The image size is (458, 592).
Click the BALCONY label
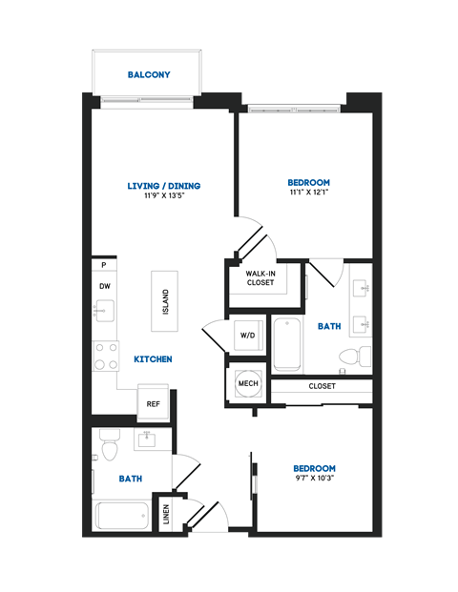[x=149, y=75]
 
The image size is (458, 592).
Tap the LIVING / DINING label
[x=164, y=186]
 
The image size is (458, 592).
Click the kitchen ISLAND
[x=164, y=301]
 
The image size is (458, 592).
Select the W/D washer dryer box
[x=247, y=336]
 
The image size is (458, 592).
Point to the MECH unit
[x=247, y=383]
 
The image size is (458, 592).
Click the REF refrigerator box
[x=153, y=403]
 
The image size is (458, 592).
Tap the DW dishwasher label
[x=103, y=285]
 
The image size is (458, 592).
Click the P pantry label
[x=102, y=266]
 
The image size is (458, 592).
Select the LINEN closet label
[x=168, y=515]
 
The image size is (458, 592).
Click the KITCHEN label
[x=153, y=359]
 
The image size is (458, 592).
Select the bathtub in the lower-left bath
[x=121, y=515]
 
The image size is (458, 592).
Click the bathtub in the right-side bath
[x=287, y=345]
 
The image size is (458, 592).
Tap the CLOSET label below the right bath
[x=322, y=386]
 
